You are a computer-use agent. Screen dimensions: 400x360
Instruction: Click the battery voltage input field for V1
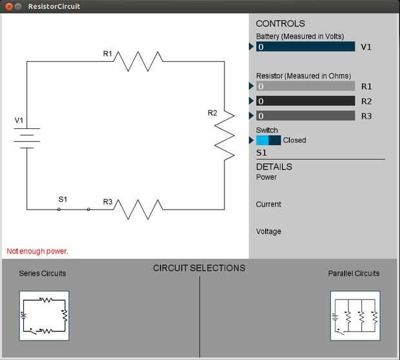coord(306,47)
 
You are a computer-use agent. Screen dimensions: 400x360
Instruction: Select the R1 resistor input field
coord(306,86)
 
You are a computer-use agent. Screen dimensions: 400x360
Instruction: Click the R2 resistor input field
coord(306,101)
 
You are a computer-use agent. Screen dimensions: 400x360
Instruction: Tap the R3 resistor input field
coord(306,116)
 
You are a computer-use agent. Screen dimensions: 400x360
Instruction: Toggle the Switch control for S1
coord(268,140)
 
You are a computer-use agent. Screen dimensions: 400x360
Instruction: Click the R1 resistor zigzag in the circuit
coord(139,61)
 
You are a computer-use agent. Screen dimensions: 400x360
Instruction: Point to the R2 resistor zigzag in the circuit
coord(225,135)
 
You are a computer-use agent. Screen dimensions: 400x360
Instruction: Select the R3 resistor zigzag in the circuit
coord(139,209)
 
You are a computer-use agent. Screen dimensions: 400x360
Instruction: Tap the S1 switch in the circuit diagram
coord(74,208)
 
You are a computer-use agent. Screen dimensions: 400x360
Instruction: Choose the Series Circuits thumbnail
coord(44,315)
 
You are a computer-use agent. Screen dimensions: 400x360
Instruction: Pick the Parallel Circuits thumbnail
coord(355,315)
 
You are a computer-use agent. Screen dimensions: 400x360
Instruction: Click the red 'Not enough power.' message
coord(37,251)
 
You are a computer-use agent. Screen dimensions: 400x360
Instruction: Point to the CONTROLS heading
coord(280,24)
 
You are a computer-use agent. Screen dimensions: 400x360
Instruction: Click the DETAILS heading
coord(274,167)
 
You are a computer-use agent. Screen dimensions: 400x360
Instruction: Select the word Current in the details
coord(268,205)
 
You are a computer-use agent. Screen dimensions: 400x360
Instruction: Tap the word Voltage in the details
coord(268,232)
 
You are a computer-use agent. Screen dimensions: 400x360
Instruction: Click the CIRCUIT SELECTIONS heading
coord(199,268)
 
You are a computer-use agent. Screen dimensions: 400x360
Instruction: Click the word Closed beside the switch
coord(294,140)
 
